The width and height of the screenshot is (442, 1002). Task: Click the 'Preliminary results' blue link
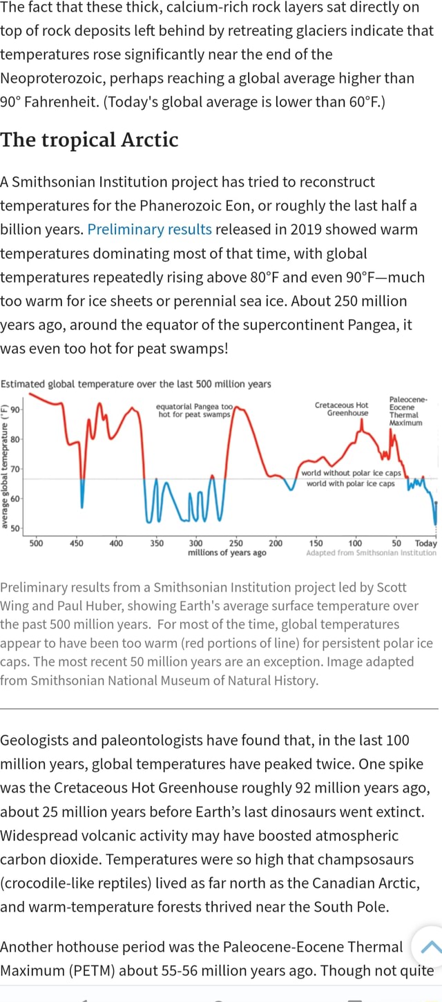point(150,229)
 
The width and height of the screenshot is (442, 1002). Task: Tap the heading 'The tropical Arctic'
point(89,139)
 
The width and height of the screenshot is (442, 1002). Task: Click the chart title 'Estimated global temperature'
point(135,384)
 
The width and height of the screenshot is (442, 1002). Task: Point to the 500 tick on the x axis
point(37,543)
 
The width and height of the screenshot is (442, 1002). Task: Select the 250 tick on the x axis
point(235,543)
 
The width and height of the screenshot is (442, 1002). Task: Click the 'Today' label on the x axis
point(425,543)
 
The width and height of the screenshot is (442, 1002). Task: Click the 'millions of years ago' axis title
point(227,552)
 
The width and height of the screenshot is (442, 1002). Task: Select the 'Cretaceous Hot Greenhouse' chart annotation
point(341,409)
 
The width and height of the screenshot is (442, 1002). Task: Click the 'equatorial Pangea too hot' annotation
point(195,410)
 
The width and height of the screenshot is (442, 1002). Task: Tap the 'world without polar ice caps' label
point(351,473)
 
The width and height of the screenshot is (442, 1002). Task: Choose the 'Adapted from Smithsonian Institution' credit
point(372,552)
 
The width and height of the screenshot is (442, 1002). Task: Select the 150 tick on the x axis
point(316,543)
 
